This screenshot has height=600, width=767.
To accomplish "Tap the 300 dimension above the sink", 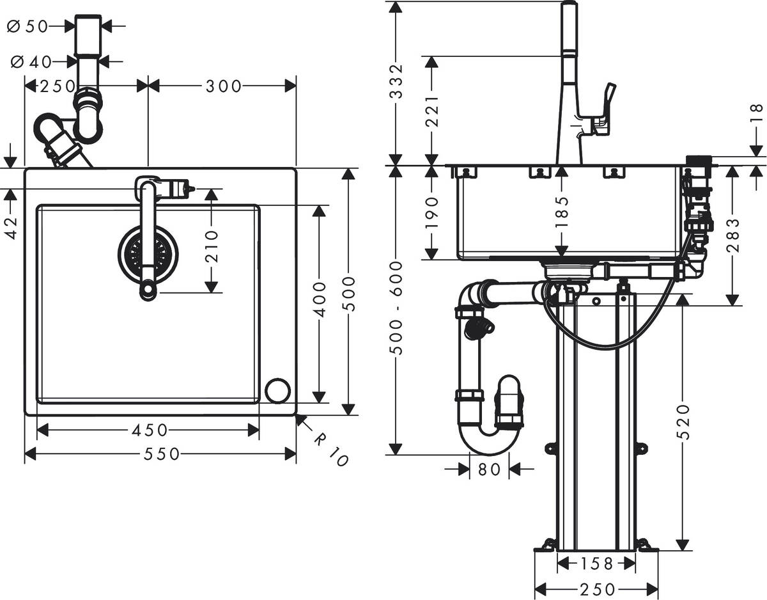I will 223,86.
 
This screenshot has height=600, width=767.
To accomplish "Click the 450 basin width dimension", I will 148,429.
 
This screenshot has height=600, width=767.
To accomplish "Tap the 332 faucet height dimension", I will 397,81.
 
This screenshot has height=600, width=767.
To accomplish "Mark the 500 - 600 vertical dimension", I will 397,309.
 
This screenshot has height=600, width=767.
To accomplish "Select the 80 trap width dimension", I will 490,470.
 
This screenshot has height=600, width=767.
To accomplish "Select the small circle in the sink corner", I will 277,390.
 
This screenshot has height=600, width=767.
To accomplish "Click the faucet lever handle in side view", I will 604,109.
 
